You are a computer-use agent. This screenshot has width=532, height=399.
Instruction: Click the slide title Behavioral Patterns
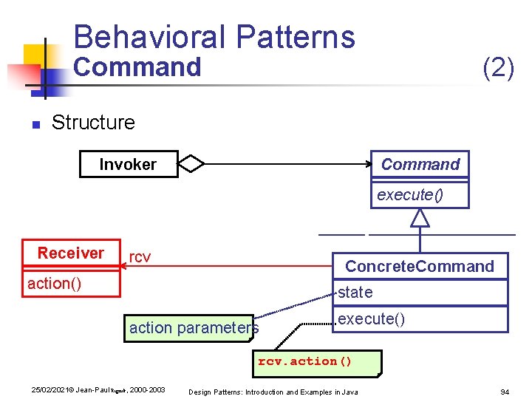tap(214, 37)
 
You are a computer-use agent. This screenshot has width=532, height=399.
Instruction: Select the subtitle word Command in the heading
tap(137, 67)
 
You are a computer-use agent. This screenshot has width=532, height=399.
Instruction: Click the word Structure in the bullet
tap(93, 122)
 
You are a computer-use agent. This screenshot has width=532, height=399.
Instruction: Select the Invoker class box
tap(128, 164)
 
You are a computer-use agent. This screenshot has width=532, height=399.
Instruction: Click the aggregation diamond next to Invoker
tap(191, 164)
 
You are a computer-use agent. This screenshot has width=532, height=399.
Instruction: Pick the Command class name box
tap(420, 164)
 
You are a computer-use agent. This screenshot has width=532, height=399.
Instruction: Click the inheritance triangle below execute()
tap(420, 217)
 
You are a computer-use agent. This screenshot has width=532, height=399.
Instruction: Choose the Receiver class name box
tap(71, 253)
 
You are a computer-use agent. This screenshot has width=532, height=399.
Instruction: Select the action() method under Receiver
tap(55, 284)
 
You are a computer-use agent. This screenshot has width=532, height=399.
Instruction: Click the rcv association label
tap(140, 257)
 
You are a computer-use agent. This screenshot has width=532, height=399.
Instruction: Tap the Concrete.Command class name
tap(420, 266)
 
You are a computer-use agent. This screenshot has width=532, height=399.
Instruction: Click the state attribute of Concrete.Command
tap(356, 292)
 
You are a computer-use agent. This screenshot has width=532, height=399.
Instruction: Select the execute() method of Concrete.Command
tap(372, 319)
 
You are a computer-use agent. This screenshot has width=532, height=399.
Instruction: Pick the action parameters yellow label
tap(194, 327)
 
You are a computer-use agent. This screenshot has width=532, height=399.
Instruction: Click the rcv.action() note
tap(305, 361)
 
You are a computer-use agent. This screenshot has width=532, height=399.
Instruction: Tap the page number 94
tap(505, 391)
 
